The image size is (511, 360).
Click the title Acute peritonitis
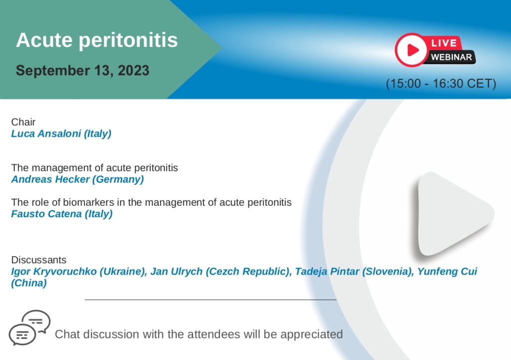(x=97, y=40)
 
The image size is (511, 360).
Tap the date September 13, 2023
(x=82, y=70)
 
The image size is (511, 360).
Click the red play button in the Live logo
(x=411, y=50)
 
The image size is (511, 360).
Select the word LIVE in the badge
(x=444, y=43)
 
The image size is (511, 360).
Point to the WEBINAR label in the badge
(x=451, y=57)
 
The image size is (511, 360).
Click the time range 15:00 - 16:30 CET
(x=441, y=83)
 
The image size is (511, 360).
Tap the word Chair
(x=23, y=122)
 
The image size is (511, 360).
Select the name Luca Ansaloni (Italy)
(x=61, y=134)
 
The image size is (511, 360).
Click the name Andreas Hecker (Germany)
(x=77, y=179)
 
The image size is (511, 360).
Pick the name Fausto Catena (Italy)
(x=62, y=214)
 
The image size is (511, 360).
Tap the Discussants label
(x=39, y=260)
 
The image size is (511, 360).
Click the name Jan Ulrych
(x=176, y=271)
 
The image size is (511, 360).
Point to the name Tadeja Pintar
(x=327, y=271)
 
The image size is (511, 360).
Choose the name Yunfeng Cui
(x=447, y=271)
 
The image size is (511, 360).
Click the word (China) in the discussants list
(x=29, y=283)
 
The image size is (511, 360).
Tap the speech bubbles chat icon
(x=29, y=328)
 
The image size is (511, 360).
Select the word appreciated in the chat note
(x=311, y=335)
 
